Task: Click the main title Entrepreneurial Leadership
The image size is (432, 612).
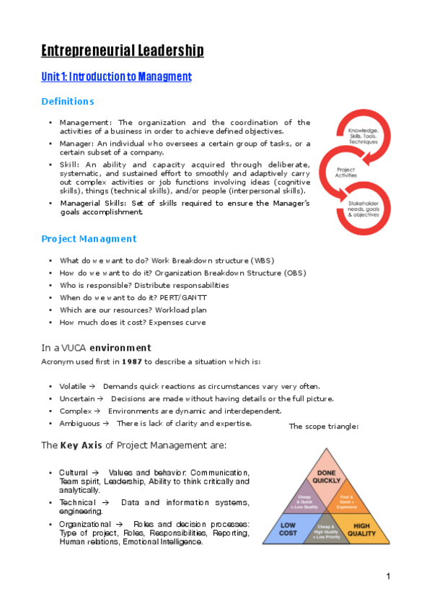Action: tap(122, 50)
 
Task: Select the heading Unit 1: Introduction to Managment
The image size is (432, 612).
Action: tap(116, 76)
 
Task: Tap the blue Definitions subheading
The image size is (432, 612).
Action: tap(67, 101)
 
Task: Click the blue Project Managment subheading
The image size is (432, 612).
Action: tap(88, 238)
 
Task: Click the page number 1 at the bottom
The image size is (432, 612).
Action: tap(388, 576)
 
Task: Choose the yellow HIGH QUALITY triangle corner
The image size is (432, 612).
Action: tap(361, 529)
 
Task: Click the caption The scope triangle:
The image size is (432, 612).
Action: tap(323, 427)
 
